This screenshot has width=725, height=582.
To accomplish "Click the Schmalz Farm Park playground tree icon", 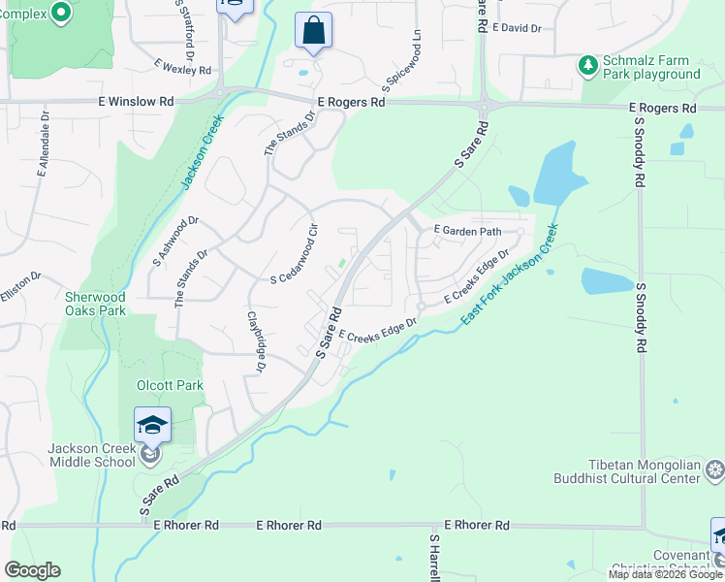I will pyautogui.click(x=587, y=66).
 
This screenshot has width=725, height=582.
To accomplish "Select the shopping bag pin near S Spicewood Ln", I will pyautogui.click(x=313, y=32).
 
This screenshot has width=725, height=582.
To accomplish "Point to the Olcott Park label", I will pyautogui.click(x=171, y=385).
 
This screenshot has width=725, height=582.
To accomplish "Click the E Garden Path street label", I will pyautogui.click(x=467, y=231).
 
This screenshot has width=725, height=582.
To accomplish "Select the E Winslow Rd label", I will pyautogui.click(x=136, y=101).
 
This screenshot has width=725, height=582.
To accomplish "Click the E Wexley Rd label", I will pyautogui.click(x=182, y=70).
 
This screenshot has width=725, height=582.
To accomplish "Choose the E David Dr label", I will pyautogui.click(x=517, y=29).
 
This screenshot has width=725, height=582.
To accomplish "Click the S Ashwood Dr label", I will pyautogui.click(x=175, y=242).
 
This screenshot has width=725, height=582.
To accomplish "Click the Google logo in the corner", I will pyautogui.click(x=32, y=570).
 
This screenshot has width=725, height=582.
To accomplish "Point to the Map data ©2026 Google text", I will pyautogui.click(x=665, y=574).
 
